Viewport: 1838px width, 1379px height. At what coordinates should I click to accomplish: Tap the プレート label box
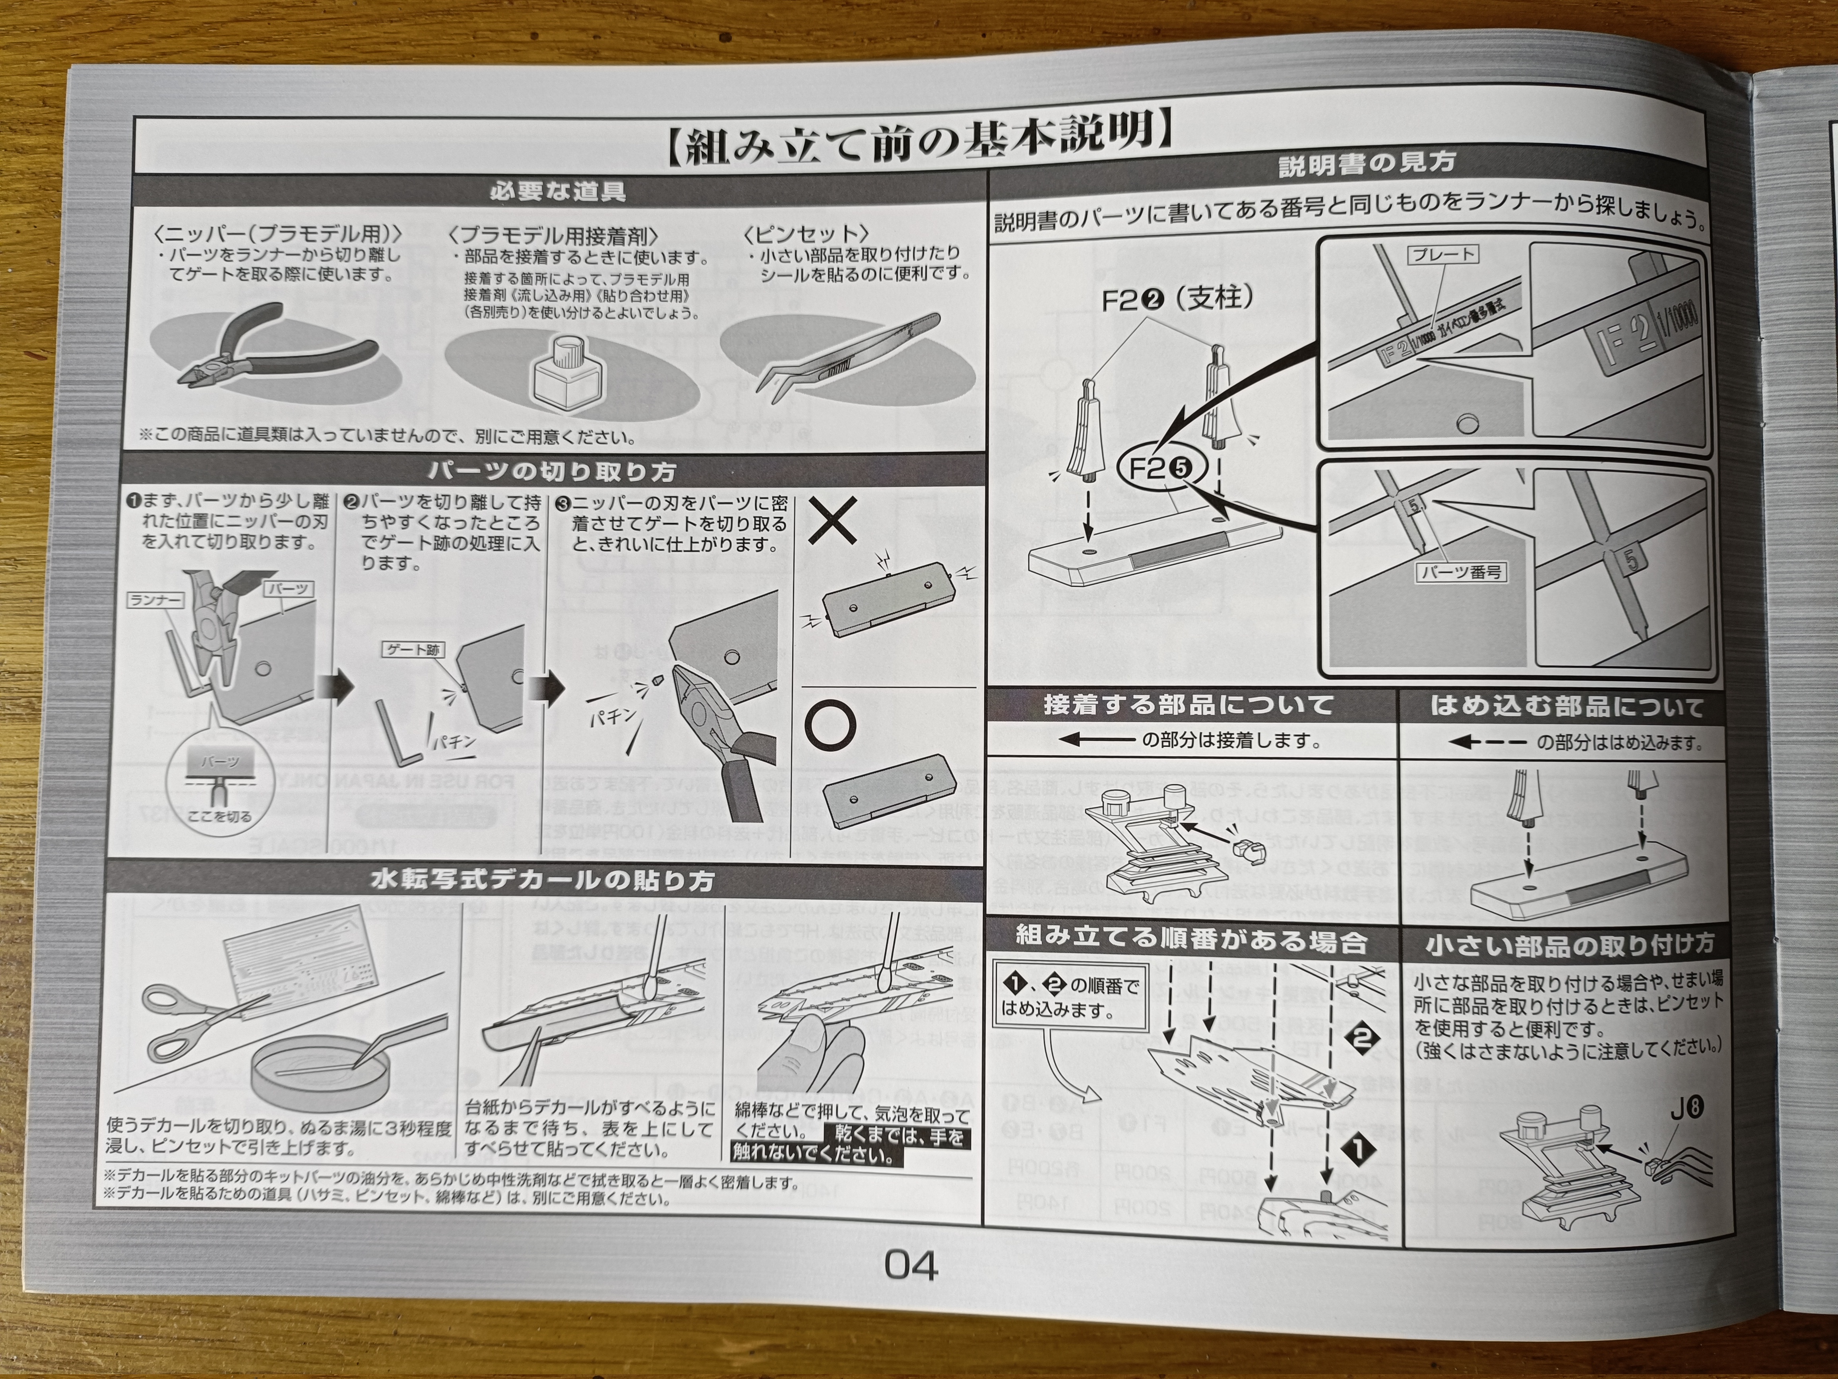point(1443,254)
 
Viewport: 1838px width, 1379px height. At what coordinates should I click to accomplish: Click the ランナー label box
point(155,599)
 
